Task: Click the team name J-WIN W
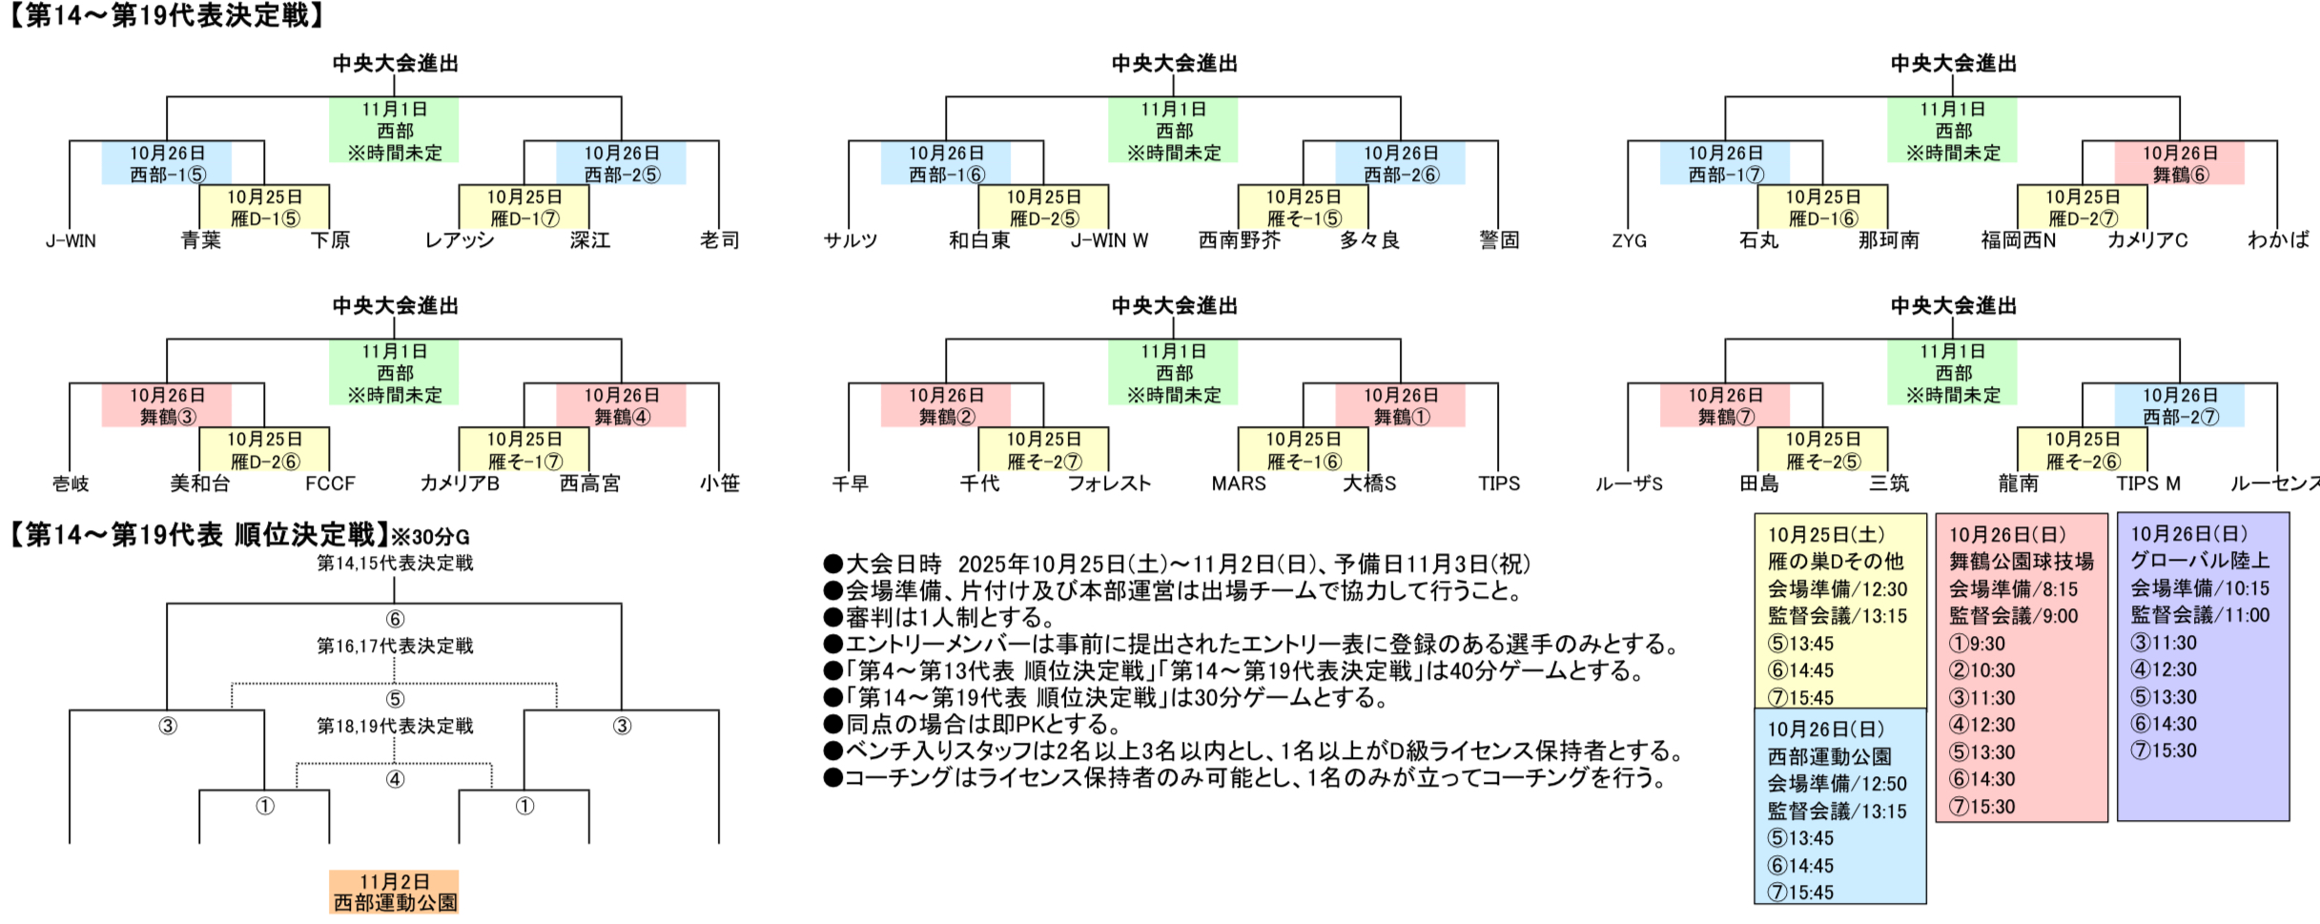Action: pyautogui.click(x=1109, y=241)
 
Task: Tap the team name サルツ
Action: pyautogui.click(x=850, y=241)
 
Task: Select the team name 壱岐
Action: pyautogui.click(x=71, y=484)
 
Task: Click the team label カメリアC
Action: pyautogui.click(x=2146, y=241)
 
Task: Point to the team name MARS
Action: pyautogui.click(x=1238, y=484)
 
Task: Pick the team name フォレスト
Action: pyautogui.click(x=1109, y=484)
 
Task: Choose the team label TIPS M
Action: pyautogui.click(x=2147, y=484)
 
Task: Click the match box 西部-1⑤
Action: pyautogui.click(x=167, y=163)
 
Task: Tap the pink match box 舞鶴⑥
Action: pyautogui.click(x=2180, y=163)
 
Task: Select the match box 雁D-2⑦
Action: pyautogui.click(x=2083, y=207)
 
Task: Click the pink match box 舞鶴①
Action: pyautogui.click(x=1400, y=405)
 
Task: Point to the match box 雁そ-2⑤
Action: pyautogui.click(x=1822, y=449)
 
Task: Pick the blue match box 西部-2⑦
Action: pyautogui.click(x=2180, y=405)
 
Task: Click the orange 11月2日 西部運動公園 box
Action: pyautogui.click(x=394, y=892)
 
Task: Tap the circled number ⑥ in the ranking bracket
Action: pyautogui.click(x=395, y=619)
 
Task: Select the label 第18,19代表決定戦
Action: pyautogui.click(x=395, y=727)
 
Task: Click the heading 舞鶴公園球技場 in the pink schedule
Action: pyautogui.click(x=2021, y=562)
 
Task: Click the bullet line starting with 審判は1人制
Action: pyautogui.click(x=938, y=618)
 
